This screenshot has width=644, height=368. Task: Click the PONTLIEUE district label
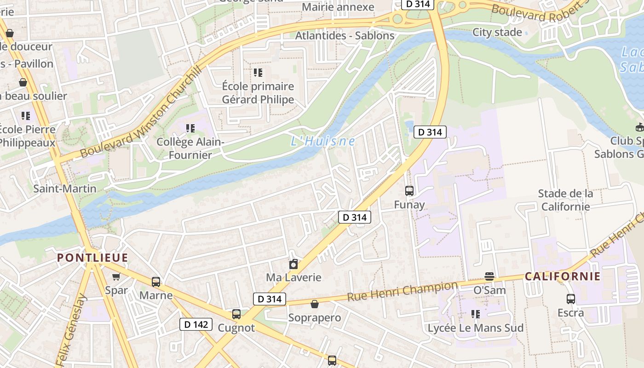(x=92, y=258)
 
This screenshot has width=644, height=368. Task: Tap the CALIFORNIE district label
(x=563, y=276)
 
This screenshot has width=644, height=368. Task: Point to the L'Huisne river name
(x=323, y=141)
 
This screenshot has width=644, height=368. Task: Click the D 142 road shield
(x=196, y=324)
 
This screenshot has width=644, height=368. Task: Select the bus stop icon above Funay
(x=409, y=190)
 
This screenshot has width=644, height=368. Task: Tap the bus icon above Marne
(x=156, y=282)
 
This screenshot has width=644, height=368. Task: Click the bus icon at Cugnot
(x=236, y=314)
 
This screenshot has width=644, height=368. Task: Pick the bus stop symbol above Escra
(x=570, y=299)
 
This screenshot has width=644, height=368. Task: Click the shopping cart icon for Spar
(x=116, y=276)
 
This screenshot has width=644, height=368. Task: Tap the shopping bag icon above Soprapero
(x=315, y=304)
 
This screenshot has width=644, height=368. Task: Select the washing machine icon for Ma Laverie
(x=293, y=264)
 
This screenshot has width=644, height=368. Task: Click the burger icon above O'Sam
(x=489, y=276)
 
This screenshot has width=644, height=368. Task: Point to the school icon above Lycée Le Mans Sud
(x=475, y=314)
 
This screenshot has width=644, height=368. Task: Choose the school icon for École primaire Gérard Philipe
(x=258, y=73)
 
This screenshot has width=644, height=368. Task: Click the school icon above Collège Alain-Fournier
(x=190, y=128)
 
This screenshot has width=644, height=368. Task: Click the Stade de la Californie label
(x=565, y=200)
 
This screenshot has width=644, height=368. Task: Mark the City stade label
(x=497, y=32)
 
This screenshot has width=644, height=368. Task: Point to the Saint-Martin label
(x=65, y=189)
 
